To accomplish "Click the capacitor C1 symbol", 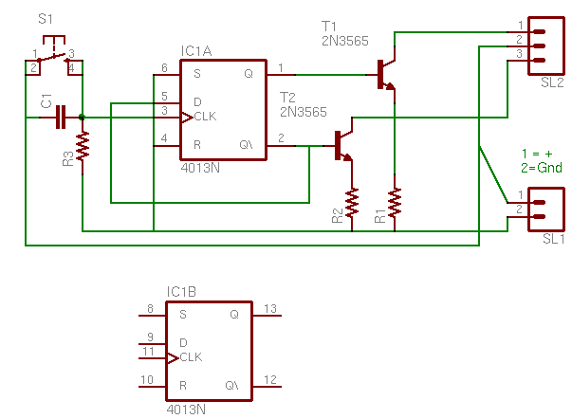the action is [61, 118].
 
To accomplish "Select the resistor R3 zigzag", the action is [83, 146].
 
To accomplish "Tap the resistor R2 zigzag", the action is [352, 203].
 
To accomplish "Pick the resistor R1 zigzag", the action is [395, 203].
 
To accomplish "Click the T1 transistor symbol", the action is [385, 74].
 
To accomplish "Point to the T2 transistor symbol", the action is [342, 146].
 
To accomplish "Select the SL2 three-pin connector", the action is [546, 46].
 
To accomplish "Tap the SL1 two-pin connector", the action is [546, 209].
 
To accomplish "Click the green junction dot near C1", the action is [83, 118].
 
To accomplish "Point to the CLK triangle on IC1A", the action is [187, 118].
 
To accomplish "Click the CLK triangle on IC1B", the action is [173, 358].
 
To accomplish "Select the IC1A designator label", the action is [196, 51].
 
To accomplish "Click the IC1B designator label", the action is [182, 292].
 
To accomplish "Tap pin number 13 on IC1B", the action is [270, 309].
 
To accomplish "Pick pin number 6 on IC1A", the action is [164, 68].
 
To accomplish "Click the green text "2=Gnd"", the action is [542, 168].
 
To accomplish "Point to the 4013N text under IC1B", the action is [186, 410].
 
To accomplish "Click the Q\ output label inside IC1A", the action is [246, 145].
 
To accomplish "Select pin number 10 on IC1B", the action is [147, 380].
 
